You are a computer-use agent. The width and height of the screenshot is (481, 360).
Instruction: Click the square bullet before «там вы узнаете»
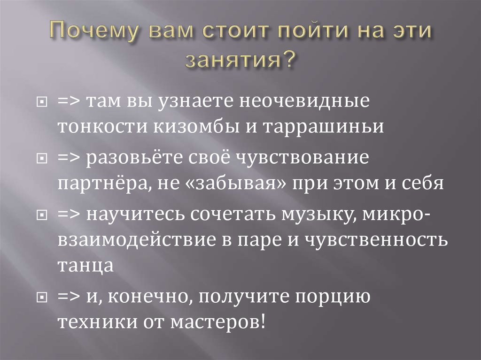42,102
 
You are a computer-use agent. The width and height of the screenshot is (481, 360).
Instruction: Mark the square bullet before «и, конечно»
42,298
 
